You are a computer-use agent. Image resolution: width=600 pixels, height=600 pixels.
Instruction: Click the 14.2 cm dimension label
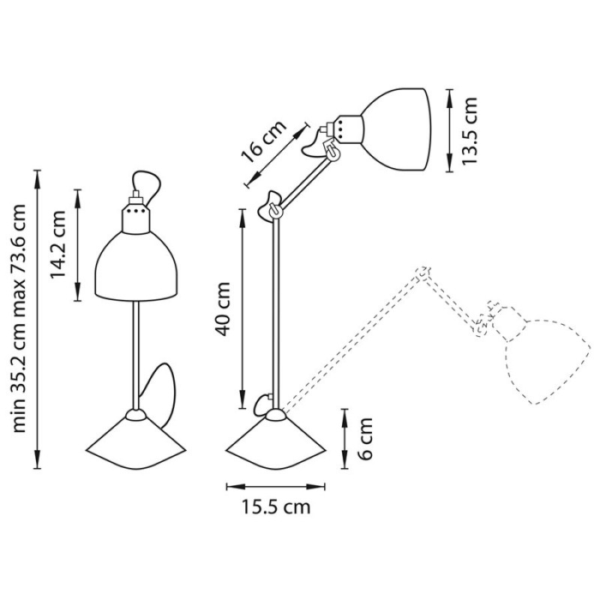(x=58, y=244)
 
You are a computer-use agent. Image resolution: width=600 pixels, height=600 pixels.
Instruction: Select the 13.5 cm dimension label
(x=470, y=130)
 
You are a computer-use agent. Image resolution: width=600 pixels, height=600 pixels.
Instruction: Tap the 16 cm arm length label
(x=263, y=142)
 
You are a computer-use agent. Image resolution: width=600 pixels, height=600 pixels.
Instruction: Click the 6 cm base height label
(x=365, y=439)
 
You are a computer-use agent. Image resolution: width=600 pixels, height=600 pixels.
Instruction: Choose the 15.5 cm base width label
(x=275, y=507)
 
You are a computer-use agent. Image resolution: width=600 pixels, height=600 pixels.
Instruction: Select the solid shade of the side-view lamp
(x=395, y=129)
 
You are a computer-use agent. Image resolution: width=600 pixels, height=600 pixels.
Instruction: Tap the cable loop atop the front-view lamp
(x=147, y=184)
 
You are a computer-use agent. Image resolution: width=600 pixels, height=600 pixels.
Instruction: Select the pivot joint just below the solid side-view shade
(x=332, y=151)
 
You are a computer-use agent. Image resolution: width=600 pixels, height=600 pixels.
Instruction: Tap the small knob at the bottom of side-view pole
(x=261, y=404)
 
